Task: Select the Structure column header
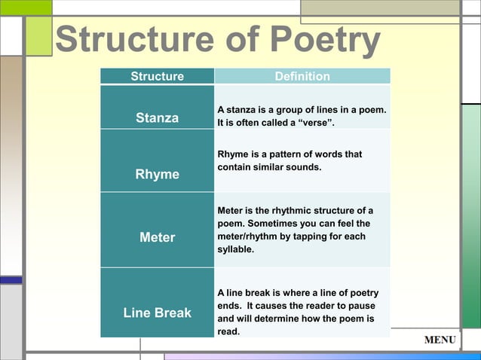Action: (157, 76)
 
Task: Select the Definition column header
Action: (302, 76)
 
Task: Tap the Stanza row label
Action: (157, 118)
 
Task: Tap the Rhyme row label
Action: (157, 174)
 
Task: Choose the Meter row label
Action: (157, 237)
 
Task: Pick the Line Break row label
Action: (157, 312)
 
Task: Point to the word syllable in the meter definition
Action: (236, 249)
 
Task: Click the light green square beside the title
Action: (38, 36)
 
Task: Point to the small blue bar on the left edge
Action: (11, 279)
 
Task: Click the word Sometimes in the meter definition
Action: (276, 223)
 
